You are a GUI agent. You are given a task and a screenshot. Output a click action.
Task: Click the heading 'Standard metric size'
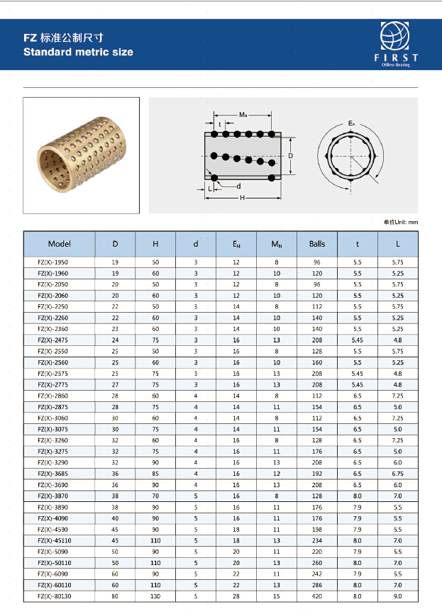[x=78, y=52]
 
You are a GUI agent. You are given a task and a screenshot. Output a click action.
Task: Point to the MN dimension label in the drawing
[x=243, y=114]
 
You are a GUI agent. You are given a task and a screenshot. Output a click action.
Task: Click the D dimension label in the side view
[x=291, y=155]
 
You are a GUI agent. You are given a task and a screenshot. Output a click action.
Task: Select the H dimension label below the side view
[x=242, y=198]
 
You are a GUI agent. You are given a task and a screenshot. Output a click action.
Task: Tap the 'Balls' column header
[x=317, y=244]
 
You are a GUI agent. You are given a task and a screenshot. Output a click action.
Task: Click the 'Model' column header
[x=60, y=244]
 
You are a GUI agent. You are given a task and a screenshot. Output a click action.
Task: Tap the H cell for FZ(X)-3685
[x=155, y=474]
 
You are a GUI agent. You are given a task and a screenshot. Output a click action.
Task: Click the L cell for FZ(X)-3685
[x=398, y=474]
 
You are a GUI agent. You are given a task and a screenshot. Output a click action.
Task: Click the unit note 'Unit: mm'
[x=401, y=222]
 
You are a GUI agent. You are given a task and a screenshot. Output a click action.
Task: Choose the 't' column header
[x=358, y=244]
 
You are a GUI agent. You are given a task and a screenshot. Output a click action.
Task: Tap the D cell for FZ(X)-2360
[x=116, y=329]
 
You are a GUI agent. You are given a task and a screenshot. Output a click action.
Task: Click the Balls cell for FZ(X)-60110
[x=317, y=585]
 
